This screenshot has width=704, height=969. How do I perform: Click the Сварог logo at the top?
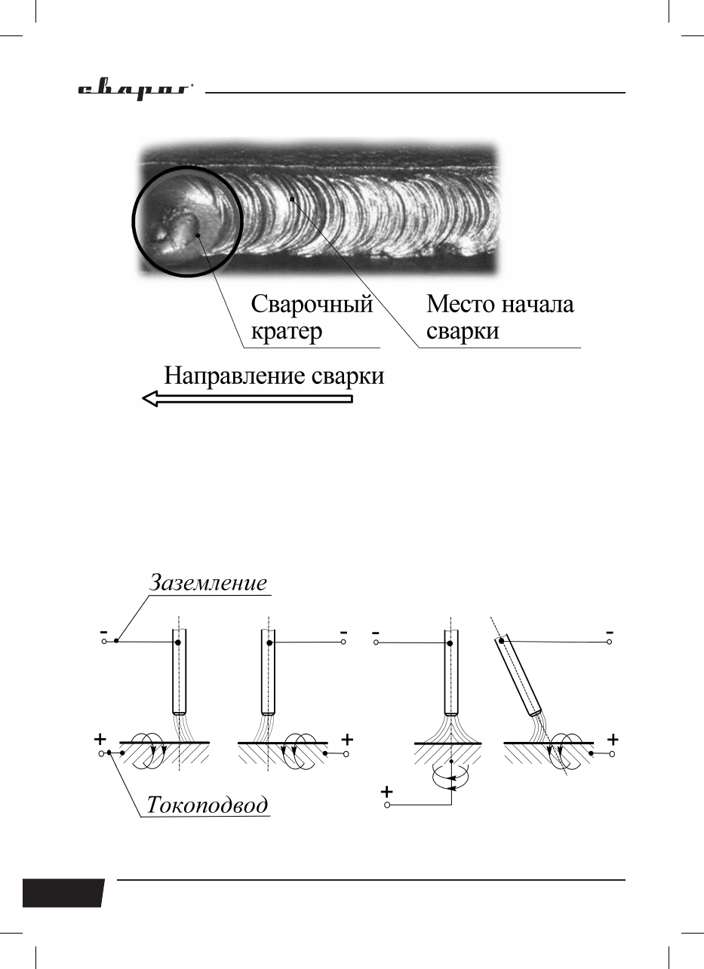(x=136, y=90)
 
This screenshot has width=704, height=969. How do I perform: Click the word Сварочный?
(x=312, y=304)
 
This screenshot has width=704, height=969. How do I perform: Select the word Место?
(x=461, y=304)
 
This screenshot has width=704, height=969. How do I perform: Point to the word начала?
(x=538, y=305)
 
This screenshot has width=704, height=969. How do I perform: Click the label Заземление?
(x=208, y=582)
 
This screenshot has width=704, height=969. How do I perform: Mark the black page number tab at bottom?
(x=63, y=892)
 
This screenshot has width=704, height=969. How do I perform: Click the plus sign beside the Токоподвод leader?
(x=100, y=738)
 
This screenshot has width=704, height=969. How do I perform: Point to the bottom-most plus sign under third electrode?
(x=386, y=792)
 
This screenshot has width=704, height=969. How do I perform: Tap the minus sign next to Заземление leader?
(x=103, y=631)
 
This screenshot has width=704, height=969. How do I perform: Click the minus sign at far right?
(x=609, y=632)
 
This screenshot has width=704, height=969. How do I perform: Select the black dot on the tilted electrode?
(x=502, y=641)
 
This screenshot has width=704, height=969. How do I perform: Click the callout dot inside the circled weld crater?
(x=198, y=235)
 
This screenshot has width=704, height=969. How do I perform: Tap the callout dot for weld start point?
(x=292, y=199)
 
